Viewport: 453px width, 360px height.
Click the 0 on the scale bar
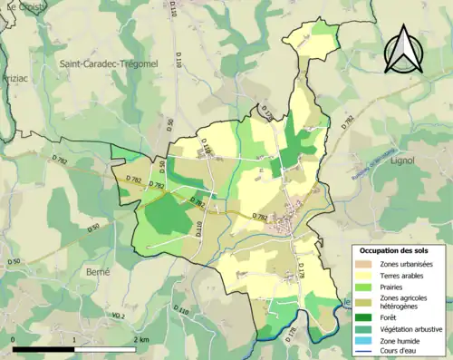tap(14, 339)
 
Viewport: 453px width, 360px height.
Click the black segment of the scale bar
tap(43, 348)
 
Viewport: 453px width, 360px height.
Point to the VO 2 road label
tap(117, 315)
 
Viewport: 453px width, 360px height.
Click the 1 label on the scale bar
tap(74, 339)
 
